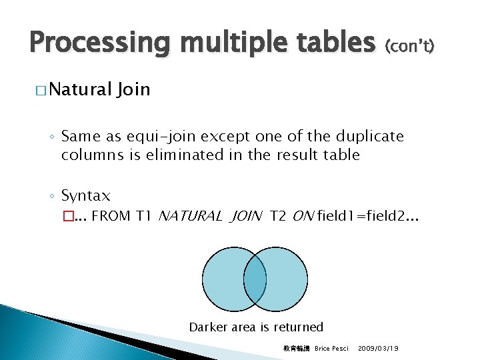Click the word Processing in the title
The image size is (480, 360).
(92, 43)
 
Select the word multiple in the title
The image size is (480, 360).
(217, 43)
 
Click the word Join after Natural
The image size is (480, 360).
(133, 89)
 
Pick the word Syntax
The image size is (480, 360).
(85, 196)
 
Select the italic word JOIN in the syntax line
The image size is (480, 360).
(247, 216)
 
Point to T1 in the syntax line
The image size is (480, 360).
(145, 216)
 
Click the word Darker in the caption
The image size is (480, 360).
(209, 327)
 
